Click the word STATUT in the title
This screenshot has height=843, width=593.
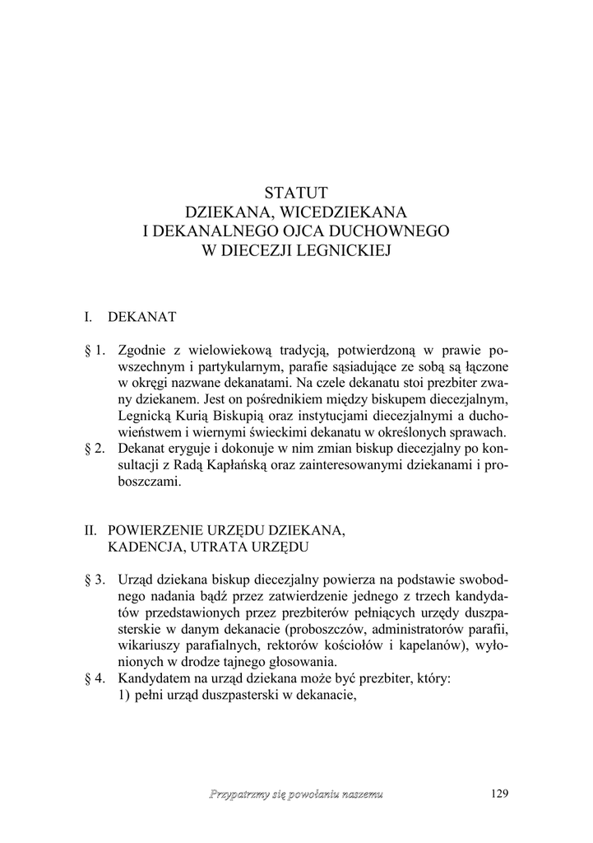click(x=296, y=193)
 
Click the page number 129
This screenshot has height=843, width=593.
click(x=499, y=794)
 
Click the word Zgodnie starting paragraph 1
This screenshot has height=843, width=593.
click(x=144, y=350)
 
